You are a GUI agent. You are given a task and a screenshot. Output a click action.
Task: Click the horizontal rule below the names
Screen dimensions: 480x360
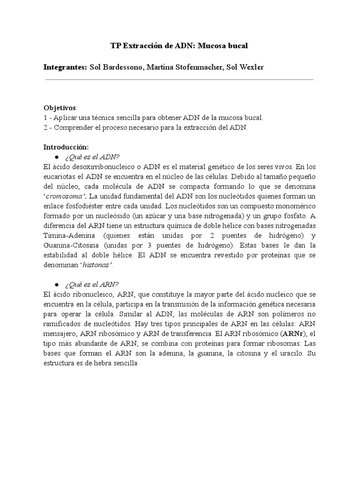179,79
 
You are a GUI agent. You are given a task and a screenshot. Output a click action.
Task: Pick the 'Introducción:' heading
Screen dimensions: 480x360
66,147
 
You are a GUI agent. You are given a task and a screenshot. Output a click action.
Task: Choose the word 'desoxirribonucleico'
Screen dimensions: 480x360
99,166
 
